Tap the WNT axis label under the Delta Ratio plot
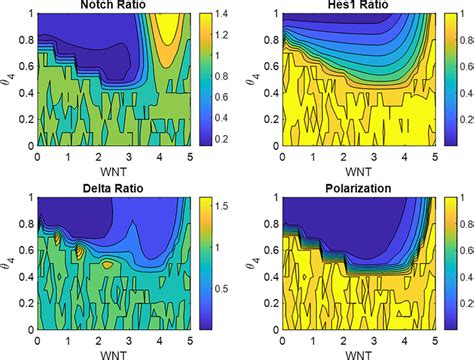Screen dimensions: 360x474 click(x=109, y=352)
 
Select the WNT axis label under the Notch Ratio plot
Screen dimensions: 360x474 click(x=109, y=170)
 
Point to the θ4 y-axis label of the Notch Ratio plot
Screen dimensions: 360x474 click(x=9, y=79)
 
